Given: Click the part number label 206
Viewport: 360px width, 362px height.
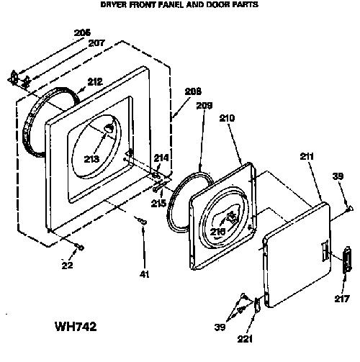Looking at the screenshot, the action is point(82,32).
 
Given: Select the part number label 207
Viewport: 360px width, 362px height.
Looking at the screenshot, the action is point(96,43).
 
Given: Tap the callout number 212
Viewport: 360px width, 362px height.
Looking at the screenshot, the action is point(95,82).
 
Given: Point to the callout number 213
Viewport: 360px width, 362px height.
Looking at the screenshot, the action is point(91,159).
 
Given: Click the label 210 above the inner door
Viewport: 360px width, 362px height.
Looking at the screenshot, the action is point(227,118).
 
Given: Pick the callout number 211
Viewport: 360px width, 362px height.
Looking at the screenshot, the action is point(307,156).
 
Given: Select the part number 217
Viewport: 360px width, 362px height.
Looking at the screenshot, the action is point(342,299).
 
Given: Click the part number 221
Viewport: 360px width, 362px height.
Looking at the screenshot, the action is point(245,339).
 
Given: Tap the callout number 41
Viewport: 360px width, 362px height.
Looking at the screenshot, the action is point(144,274).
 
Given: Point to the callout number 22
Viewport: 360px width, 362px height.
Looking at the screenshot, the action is point(67,265).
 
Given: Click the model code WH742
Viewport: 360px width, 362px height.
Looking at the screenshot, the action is point(76,327).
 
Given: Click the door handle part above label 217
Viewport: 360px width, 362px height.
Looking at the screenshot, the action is point(347,260).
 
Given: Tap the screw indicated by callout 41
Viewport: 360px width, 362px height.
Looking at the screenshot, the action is point(142,221).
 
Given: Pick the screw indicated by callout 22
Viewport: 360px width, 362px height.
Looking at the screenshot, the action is point(79,247).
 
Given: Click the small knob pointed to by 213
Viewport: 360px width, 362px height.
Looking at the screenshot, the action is point(109,129).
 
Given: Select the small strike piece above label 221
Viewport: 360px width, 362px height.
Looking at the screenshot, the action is point(257,304).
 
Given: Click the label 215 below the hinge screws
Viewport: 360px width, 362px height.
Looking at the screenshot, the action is point(158,203).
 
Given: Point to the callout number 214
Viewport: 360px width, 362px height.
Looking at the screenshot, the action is point(161,158).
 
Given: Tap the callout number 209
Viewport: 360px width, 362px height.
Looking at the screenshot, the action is point(204,106).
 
